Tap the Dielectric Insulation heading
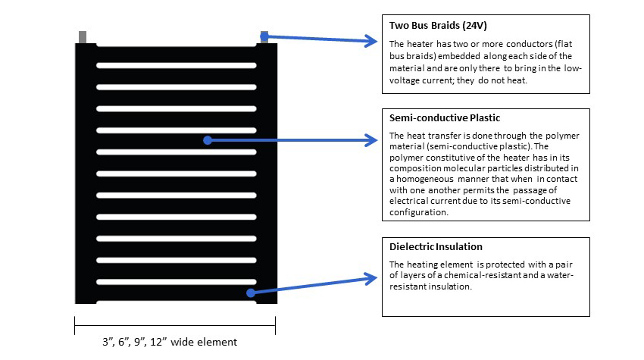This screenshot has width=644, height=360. (x=436, y=247)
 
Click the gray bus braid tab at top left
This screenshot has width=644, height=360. (x=83, y=36)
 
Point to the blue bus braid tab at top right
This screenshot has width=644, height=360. (x=264, y=36)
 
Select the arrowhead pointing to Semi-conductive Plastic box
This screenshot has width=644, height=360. (x=371, y=139)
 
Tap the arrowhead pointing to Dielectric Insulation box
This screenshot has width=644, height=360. (x=370, y=278)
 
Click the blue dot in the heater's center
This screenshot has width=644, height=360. (x=206, y=139)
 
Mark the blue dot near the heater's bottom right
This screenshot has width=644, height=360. (x=249, y=292)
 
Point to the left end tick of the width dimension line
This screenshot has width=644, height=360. (x=75, y=325)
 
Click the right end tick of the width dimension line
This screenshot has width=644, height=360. (x=275, y=325)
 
